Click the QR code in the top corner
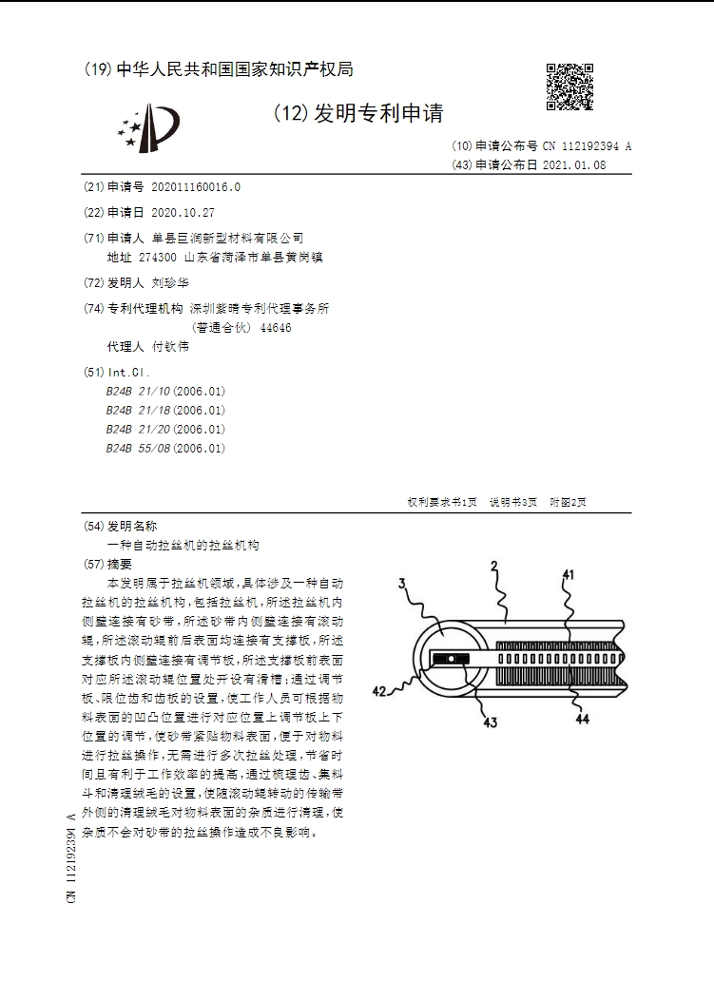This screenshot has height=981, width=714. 569,87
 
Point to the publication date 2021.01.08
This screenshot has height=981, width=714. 573,164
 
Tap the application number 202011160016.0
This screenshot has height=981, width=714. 196,187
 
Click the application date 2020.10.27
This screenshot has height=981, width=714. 183,212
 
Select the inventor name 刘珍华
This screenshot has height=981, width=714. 170,283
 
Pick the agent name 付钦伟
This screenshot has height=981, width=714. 170,346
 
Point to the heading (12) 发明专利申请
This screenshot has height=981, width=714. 358,114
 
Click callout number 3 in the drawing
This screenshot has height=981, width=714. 402,583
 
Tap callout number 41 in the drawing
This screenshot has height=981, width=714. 569,574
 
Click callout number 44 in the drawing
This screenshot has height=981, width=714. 582,720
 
